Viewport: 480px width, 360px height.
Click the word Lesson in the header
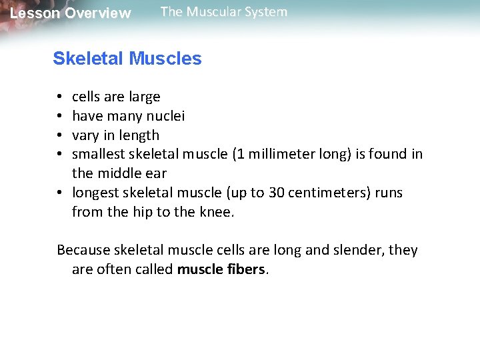[35, 13]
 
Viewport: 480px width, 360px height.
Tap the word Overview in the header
[98, 13]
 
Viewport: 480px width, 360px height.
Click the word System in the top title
[266, 12]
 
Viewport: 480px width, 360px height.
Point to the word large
[144, 97]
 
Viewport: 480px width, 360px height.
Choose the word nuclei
[166, 116]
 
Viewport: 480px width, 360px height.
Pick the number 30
[277, 193]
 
